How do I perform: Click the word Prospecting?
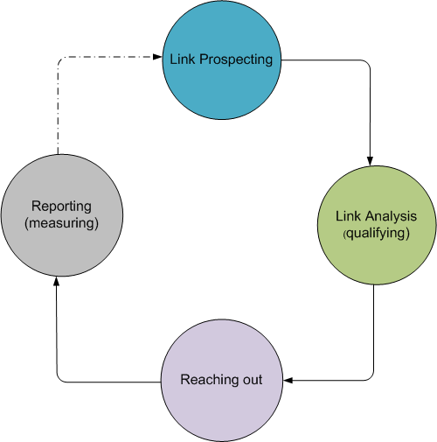236,60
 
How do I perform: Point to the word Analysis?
392,216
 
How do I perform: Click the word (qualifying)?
376,234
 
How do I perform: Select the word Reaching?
209,380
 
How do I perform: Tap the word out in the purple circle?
251,380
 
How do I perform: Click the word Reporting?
61,207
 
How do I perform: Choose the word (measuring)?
61,223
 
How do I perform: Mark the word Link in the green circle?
349,216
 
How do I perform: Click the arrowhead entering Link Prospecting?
157,57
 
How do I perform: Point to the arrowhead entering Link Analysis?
370,161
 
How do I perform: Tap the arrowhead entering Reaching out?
288,380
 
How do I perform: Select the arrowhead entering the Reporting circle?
57,281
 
